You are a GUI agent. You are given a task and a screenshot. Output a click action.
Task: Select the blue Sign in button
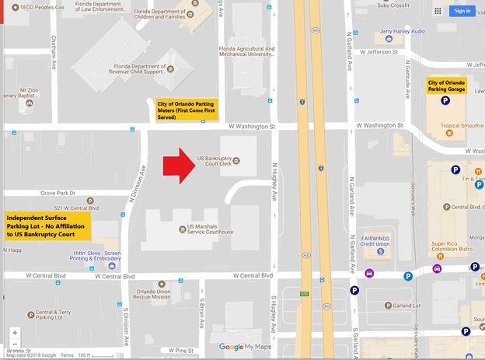click(462, 11)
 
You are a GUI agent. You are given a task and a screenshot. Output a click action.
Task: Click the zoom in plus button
click(15, 333)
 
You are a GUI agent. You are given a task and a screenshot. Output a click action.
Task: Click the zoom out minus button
click(15, 344)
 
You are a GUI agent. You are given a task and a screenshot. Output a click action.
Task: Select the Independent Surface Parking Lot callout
click(47, 226)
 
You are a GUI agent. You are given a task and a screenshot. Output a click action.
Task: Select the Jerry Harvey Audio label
click(403, 32)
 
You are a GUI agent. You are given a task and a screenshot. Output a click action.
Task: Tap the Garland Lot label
click(405, 306)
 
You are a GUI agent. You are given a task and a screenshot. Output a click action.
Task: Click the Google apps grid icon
click(438, 11)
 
